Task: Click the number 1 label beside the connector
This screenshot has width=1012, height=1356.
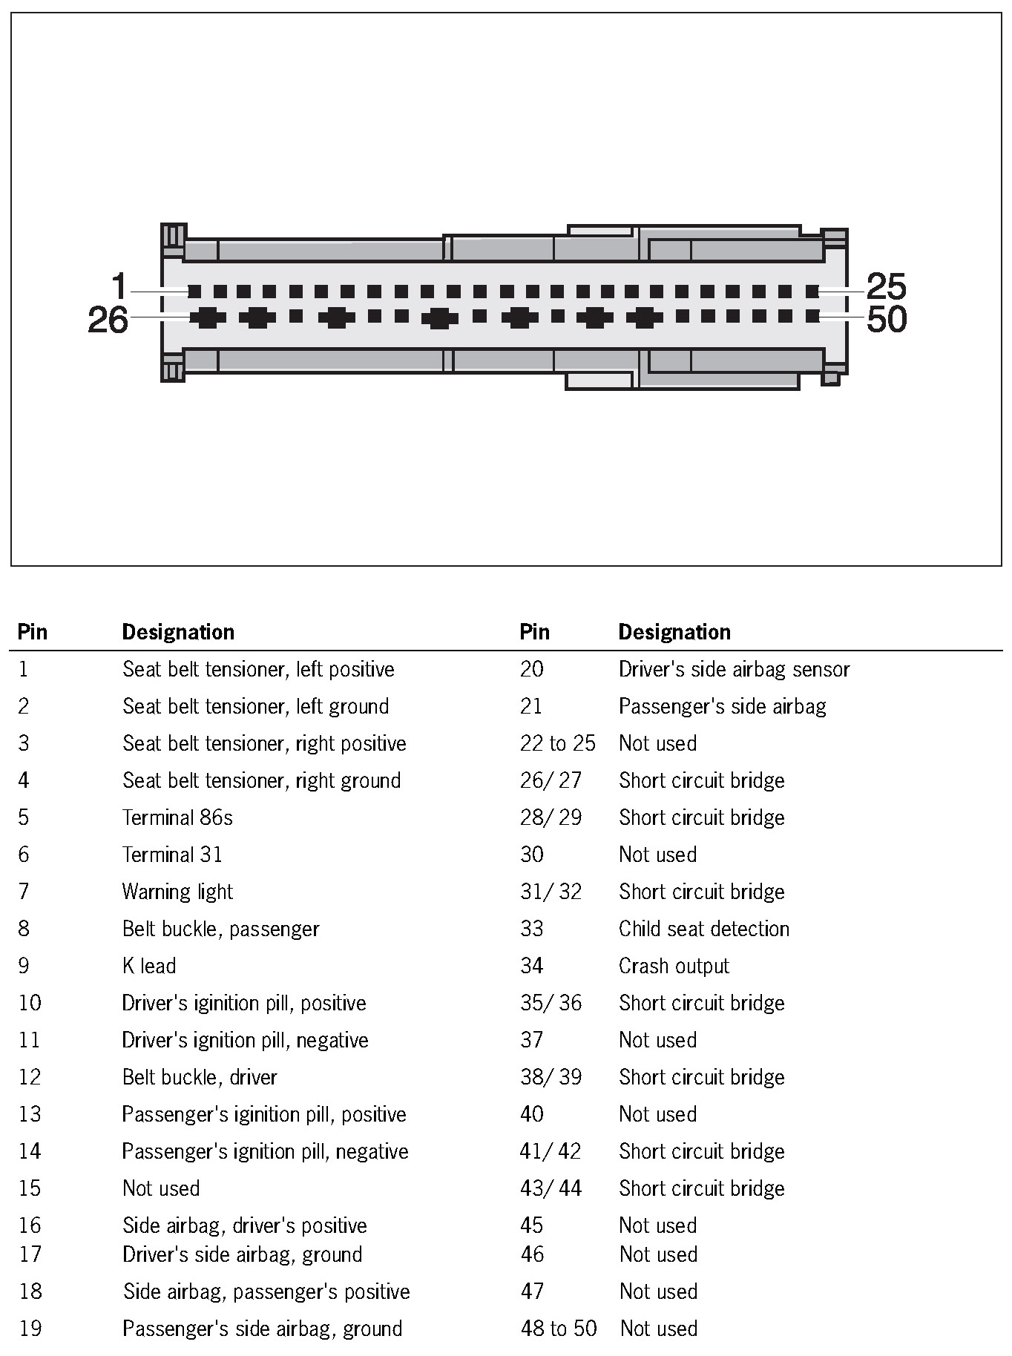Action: point(119,286)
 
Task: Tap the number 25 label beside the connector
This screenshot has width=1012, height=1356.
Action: point(886,286)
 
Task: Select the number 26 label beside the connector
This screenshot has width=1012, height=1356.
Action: point(108,320)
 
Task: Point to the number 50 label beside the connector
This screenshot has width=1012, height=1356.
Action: point(887,320)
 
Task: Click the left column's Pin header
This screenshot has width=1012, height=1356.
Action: point(33,632)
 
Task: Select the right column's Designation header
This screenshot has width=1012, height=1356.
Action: point(674,632)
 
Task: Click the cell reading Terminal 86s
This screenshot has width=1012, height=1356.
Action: point(177,817)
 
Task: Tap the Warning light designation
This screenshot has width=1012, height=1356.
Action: point(177,892)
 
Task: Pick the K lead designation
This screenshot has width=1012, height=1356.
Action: point(149,966)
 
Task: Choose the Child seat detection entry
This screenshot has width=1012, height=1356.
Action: point(704,929)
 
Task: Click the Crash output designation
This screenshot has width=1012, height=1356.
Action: point(674,966)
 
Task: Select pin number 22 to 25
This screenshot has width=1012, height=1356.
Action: point(557,743)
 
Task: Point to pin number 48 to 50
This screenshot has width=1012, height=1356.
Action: point(558,1328)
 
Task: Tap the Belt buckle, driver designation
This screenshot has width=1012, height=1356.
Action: point(200,1077)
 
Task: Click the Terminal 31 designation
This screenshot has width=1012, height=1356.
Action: point(172,855)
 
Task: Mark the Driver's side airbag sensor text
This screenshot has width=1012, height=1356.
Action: point(734,669)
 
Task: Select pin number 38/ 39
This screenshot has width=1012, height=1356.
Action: point(551,1077)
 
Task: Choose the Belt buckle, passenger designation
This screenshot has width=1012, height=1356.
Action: point(220,929)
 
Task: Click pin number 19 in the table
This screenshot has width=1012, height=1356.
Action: point(30,1328)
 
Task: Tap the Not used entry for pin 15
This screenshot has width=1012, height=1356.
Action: point(161,1188)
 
